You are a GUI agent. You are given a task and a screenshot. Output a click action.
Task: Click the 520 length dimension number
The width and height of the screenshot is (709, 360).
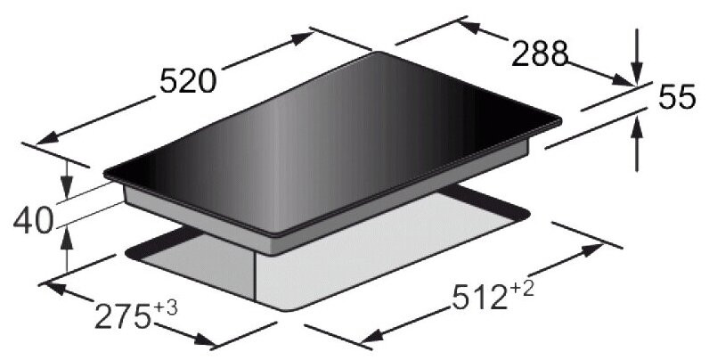(188, 82)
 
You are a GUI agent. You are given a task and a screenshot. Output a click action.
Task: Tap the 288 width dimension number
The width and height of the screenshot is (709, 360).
(539, 53)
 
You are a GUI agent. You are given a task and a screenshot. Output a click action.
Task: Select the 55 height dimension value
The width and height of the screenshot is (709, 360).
(677, 97)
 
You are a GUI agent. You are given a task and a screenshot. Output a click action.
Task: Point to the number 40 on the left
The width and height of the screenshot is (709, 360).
(33, 222)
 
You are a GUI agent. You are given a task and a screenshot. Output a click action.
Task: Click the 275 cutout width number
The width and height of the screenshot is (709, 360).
(122, 316)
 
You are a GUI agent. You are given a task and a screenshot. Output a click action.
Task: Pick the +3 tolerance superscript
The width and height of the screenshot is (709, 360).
(166, 308)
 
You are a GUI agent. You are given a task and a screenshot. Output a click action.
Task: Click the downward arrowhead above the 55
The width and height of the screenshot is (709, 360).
(637, 75)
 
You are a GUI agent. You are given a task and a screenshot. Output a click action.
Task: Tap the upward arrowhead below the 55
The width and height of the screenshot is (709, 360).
(637, 126)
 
